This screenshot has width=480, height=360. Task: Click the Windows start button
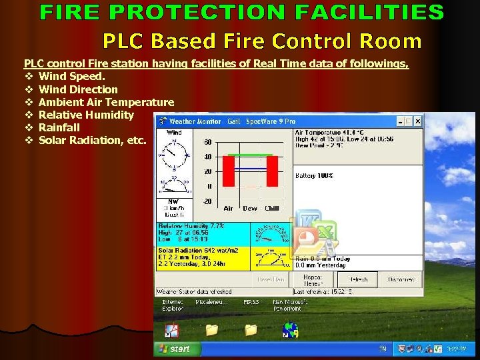175,349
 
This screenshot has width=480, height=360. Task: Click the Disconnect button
401,279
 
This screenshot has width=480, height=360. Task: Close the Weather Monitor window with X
417,121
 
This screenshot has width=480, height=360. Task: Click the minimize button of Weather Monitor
400,121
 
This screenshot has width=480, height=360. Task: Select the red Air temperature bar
229,171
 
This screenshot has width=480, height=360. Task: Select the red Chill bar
272,171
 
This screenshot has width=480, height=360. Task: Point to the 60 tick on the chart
208,143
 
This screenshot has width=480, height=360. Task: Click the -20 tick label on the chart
207,201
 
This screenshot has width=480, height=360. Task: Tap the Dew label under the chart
250,209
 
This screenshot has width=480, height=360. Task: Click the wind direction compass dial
174,155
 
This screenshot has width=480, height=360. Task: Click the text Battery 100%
314,176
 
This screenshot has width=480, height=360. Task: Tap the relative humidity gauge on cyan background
271,233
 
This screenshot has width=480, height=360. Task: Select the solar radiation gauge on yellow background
271,259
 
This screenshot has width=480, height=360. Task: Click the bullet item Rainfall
59,127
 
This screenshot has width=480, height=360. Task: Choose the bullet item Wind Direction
78,89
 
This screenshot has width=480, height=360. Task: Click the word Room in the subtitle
390,41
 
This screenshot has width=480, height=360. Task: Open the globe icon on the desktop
290,330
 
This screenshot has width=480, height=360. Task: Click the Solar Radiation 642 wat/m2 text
198,250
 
